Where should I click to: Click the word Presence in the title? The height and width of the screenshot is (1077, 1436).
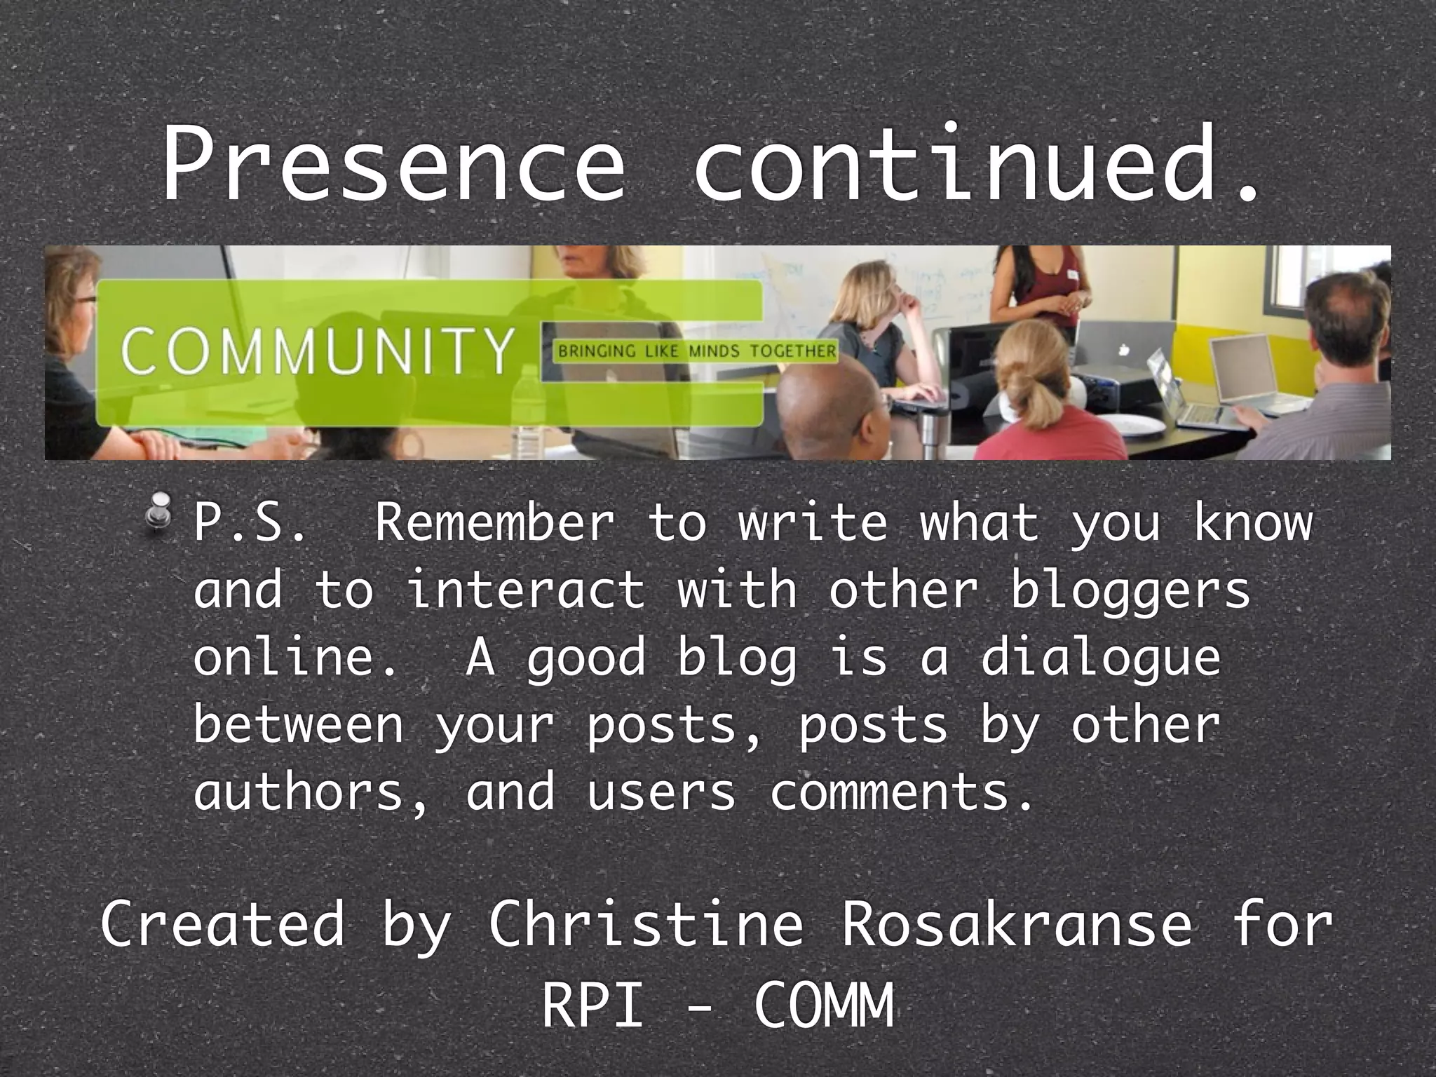click(393, 165)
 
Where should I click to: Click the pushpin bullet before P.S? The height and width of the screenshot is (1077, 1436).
click(162, 517)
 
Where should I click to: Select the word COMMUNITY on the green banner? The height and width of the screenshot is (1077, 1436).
click(317, 350)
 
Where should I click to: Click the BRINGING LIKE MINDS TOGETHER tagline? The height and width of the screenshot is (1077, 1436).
click(697, 351)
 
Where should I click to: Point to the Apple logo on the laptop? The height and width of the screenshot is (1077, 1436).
click(1124, 348)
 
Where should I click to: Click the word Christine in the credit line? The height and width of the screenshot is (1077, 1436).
click(645, 924)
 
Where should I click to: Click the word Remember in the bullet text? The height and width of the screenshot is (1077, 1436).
click(494, 522)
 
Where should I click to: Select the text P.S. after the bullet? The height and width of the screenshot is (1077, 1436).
click(249, 522)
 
